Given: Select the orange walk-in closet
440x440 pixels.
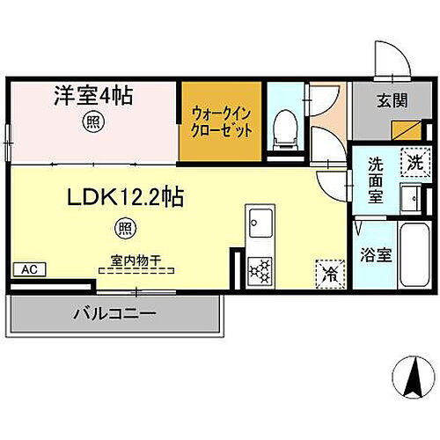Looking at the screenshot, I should pyautogui.click(x=221, y=122).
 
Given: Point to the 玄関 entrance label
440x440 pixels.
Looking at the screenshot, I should pyautogui.click(x=392, y=101).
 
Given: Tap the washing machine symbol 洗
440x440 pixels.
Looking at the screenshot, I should pyautogui.click(x=413, y=160).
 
